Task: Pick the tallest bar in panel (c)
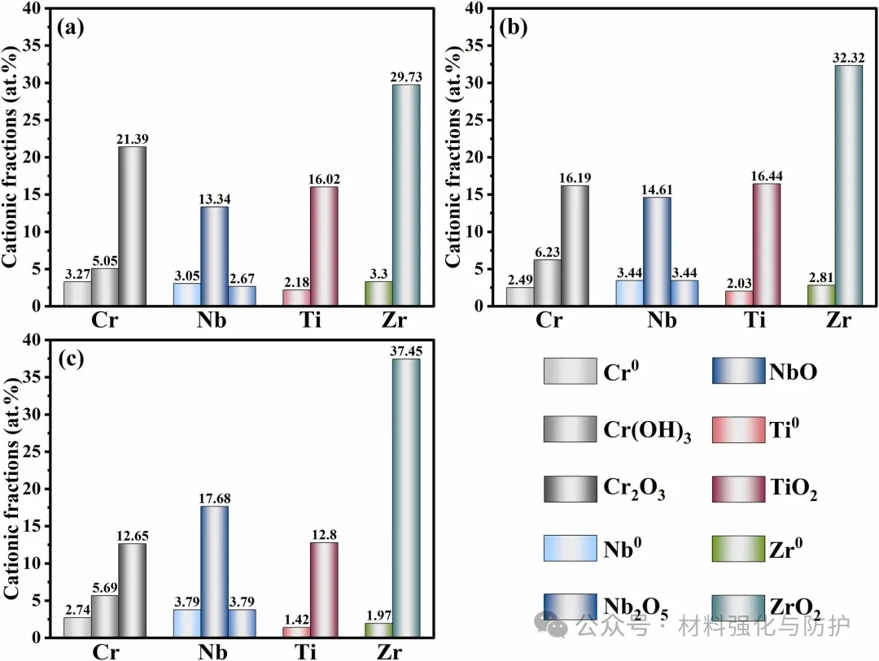coord(406,498)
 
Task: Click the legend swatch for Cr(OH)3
coord(570,428)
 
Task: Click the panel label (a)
coord(71,28)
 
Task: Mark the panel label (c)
coord(71,359)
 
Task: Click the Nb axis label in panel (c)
coord(214,652)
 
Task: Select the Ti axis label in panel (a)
coord(310,320)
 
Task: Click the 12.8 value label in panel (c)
coord(325,533)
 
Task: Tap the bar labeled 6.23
coord(548,282)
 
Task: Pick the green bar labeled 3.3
coord(378,294)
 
